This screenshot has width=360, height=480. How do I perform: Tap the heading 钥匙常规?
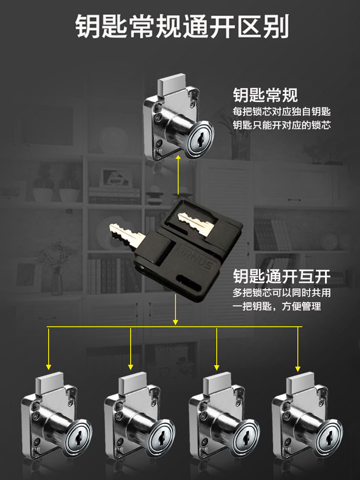pos(265,95)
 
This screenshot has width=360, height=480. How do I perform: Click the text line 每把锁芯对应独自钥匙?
pos(282,112)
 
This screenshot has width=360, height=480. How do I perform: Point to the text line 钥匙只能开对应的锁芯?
pos(282,126)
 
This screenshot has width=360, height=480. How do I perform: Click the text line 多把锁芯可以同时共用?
pos(282,293)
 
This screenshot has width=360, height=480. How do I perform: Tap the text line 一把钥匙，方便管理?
pos(277,306)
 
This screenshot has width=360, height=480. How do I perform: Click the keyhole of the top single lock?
pos(197,142)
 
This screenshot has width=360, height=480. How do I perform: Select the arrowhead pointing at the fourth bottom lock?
pos(298,368)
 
